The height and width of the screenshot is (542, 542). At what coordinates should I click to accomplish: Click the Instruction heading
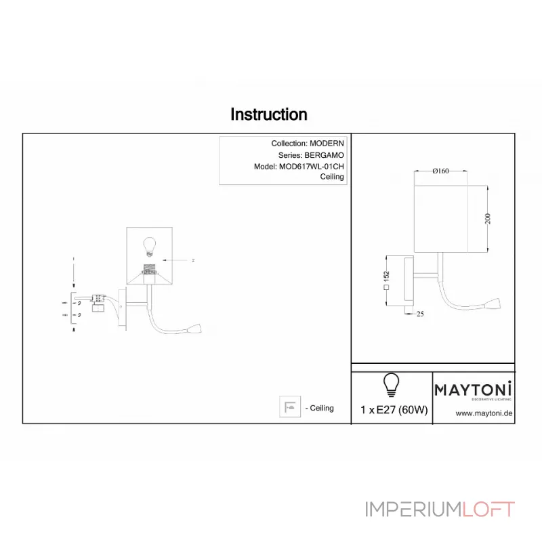(269, 114)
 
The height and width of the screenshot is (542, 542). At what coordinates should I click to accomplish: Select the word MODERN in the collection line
(327, 144)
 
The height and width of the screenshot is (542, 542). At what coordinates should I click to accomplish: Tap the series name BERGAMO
(325, 155)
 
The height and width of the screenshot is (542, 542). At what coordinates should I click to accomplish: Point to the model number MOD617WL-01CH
(312, 166)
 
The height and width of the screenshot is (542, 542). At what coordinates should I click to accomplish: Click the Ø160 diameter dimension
(441, 171)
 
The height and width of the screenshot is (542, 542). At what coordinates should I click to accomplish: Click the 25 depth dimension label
(420, 314)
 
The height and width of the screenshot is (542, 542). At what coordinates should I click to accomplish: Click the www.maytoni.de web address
(483, 413)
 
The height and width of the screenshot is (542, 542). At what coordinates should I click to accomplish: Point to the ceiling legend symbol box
(289, 407)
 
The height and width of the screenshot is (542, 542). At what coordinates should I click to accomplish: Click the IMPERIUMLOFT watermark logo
(440, 509)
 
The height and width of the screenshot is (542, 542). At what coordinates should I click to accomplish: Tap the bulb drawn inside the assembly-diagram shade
(150, 245)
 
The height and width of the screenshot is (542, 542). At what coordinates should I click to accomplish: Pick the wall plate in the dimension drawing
(409, 280)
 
